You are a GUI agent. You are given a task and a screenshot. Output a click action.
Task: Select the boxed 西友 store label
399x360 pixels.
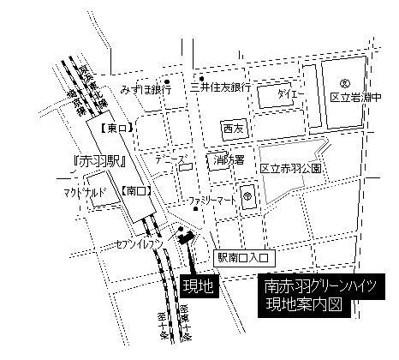point(233,128)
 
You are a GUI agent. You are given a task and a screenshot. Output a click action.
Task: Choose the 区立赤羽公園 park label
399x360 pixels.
point(291,169)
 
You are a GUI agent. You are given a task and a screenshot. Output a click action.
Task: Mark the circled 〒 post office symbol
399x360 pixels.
point(246,195)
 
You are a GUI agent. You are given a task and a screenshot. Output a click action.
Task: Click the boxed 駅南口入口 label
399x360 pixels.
point(242,256)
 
